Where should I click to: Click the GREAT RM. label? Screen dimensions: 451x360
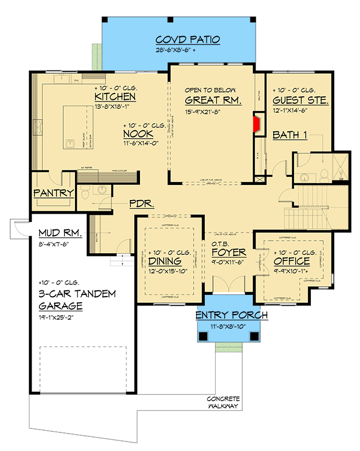(x=213, y=101)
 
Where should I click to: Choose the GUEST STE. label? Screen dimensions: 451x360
(x=301, y=101)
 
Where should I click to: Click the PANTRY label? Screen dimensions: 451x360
(x=53, y=193)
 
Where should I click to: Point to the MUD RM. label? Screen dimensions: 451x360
(x=59, y=233)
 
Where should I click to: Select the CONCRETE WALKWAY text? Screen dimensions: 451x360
(x=223, y=402)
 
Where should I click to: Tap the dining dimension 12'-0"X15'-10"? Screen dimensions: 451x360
(x=167, y=271)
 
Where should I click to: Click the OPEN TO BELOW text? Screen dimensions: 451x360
(x=210, y=90)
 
